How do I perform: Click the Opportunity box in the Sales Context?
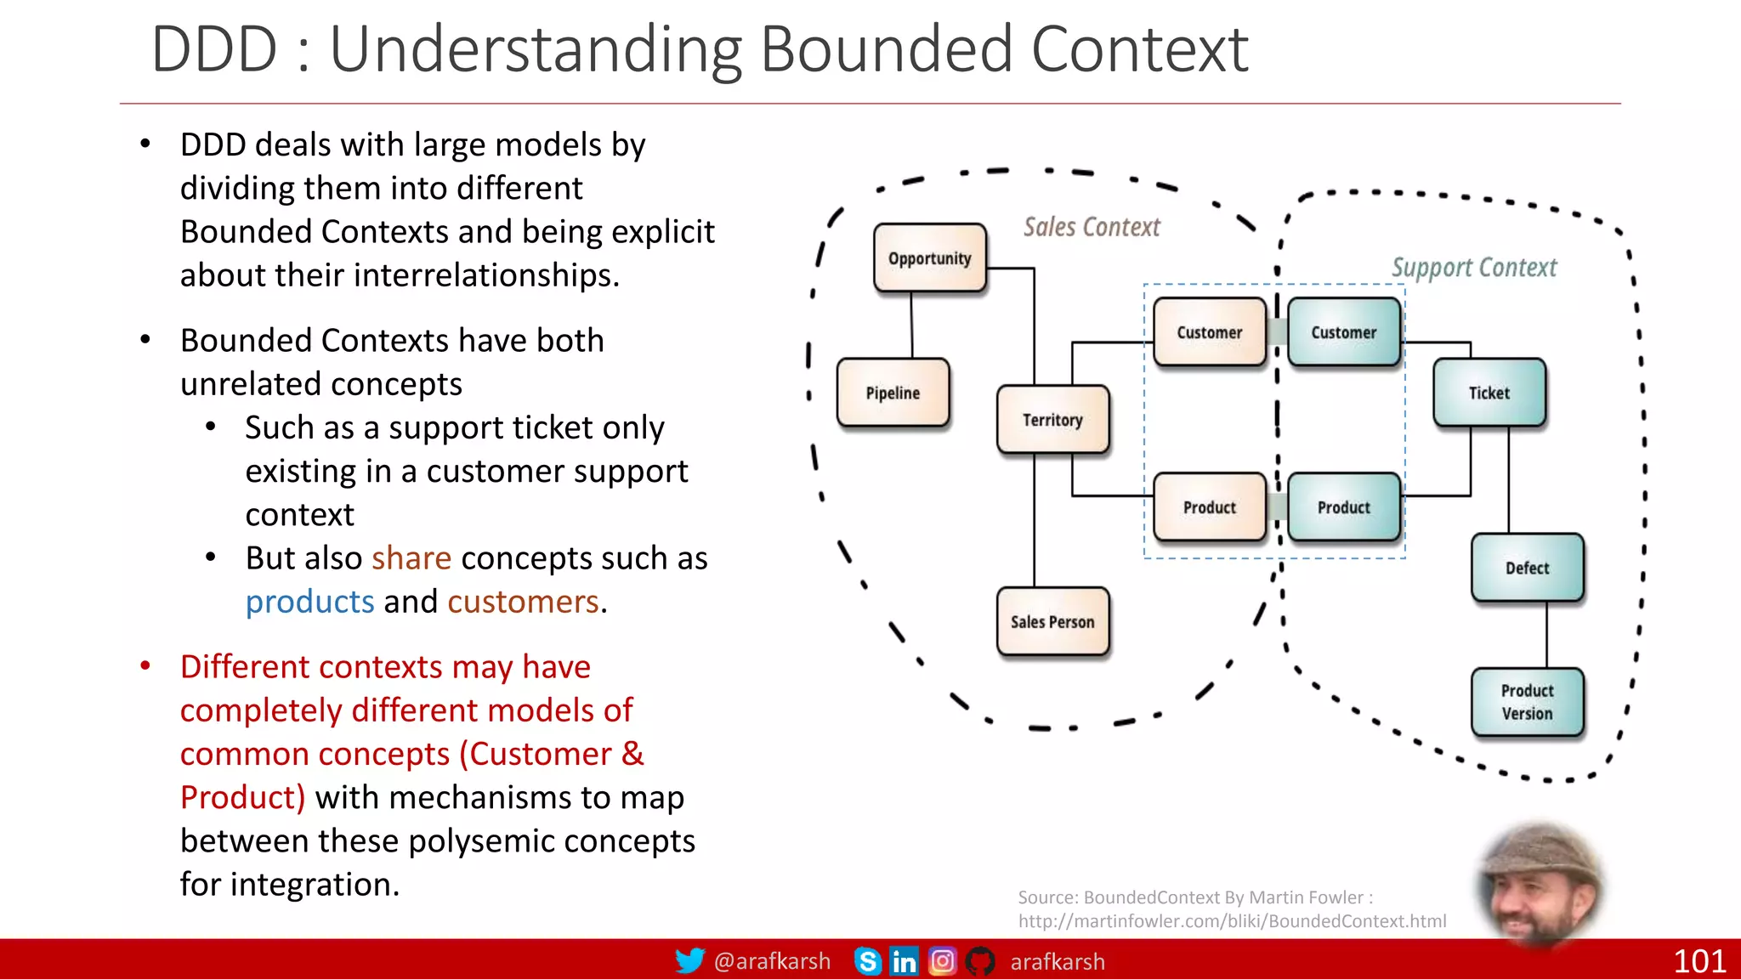[x=930, y=257]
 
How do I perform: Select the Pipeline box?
[x=893, y=393]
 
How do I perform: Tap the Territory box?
[x=1052, y=419]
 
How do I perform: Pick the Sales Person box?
[x=1052, y=621]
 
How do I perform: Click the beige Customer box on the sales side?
[x=1209, y=332]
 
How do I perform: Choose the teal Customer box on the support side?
[x=1343, y=332]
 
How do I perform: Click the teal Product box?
[x=1343, y=507]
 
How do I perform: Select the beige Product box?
[x=1209, y=507]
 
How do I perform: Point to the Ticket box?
[x=1489, y=393]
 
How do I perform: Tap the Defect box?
[x=1527, y=568]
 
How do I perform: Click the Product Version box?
[x=1527, y=702]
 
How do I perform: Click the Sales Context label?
[x=1092, y=227]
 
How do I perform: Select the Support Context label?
[x=1474, y=268]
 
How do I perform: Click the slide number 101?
[x=1698, y=961]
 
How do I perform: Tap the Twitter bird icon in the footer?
[x=689, y=961]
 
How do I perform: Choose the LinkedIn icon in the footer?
[x=904, y=961]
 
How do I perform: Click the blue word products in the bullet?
[x=309, y=602]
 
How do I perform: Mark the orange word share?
[x=411, y=558]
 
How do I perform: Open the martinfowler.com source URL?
[x=1232, y=921]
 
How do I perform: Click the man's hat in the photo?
[x=1540, y=850]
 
